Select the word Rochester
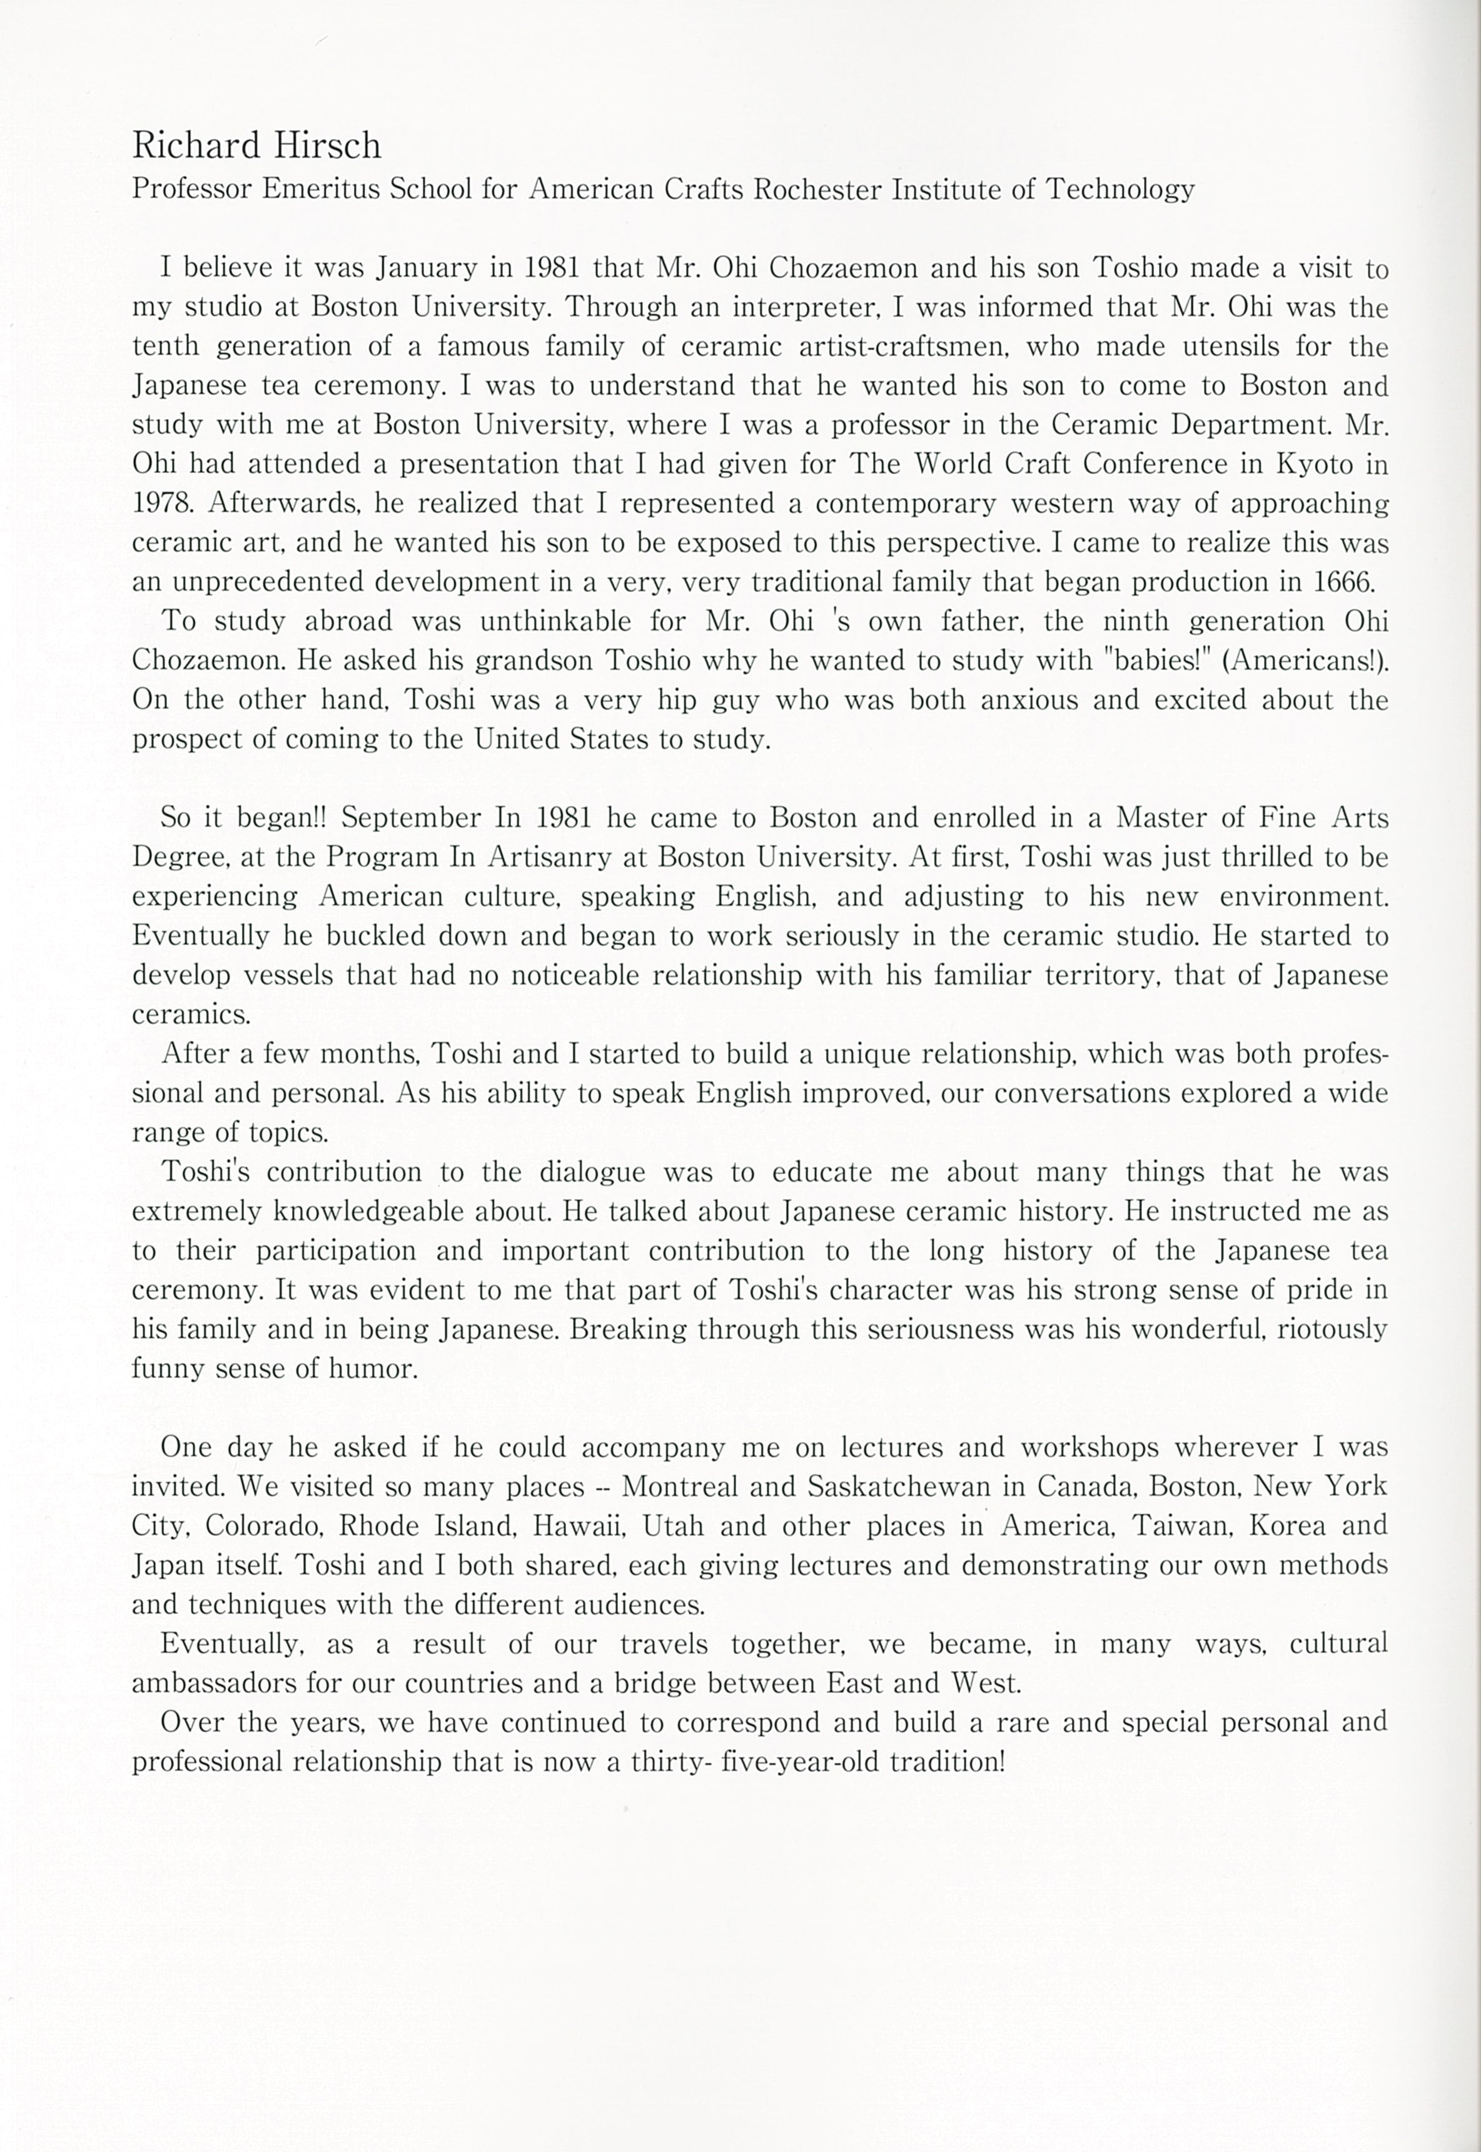point(817,190)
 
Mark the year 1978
point(164,503)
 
